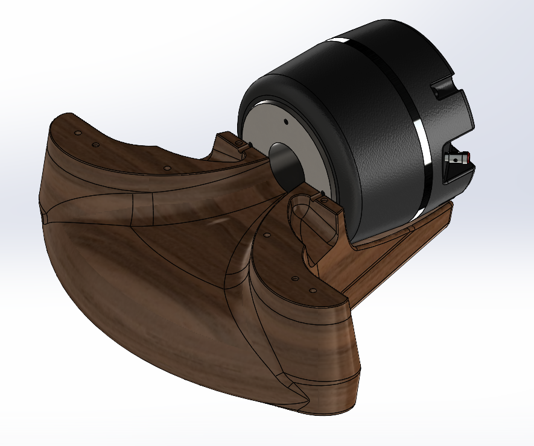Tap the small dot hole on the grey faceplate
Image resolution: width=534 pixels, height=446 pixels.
(286, 121)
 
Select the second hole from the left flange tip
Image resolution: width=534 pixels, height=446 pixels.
(94, 145)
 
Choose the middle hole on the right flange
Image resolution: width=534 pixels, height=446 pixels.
(294, 280)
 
